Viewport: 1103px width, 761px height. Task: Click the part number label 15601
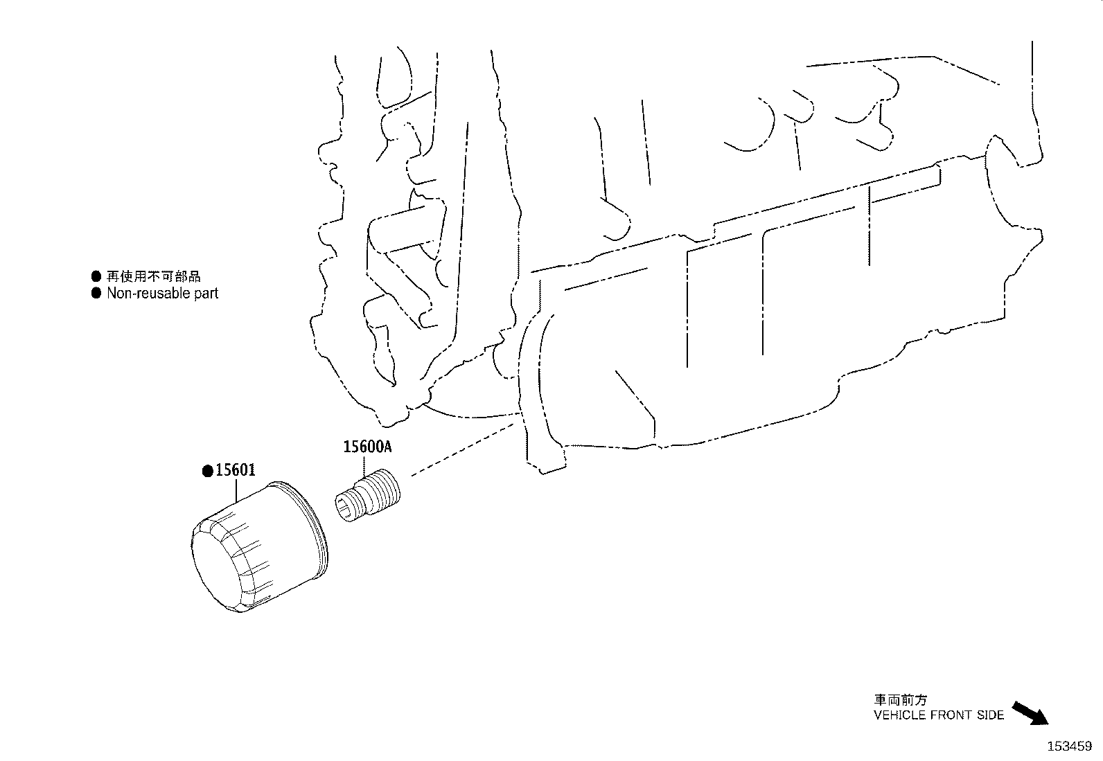pos(236,470)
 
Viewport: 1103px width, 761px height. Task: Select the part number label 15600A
pos(367,447)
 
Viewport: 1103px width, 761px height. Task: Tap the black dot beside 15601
pos(208,471)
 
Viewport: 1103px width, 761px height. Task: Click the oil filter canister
pos(259,546)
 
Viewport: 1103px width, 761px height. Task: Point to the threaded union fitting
pos(367,495)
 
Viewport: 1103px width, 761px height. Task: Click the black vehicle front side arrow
pos(1030,713)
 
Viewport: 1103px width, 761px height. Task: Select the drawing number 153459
pos(1070,746)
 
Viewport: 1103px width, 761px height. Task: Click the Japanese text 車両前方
pos(900,700)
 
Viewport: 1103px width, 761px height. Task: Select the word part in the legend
pos(206,294)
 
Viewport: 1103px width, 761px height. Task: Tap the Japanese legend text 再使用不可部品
pos(154,276)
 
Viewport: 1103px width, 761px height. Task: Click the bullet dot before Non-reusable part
pos(96,294)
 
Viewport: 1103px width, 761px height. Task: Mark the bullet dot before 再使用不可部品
pos(96,276)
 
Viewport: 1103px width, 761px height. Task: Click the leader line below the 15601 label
pos(236,490)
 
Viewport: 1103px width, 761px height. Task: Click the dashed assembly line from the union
pos(462,449)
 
